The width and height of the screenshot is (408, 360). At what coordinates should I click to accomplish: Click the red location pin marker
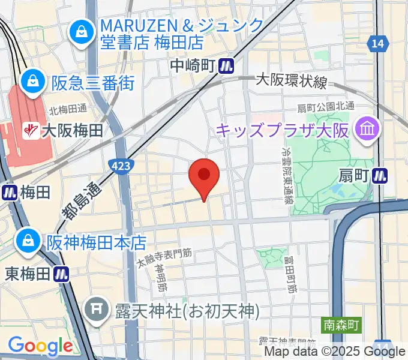coord(204,176)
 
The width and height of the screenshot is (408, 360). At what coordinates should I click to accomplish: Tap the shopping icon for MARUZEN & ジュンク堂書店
coord(80,32)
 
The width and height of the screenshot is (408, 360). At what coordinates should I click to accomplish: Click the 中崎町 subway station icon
coord(226,64)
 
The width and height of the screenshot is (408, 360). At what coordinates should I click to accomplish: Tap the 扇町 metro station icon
coord(379,176)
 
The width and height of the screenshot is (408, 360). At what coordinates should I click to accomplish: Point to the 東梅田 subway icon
coord(61,273)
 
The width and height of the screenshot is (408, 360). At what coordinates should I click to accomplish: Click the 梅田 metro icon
coord(10,192)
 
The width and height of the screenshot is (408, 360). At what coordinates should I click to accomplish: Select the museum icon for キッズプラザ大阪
coord(364,129)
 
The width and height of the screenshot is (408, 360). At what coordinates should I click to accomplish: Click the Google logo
coord(40,346)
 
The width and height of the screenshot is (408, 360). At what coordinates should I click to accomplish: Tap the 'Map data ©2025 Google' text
coord(335,352)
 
